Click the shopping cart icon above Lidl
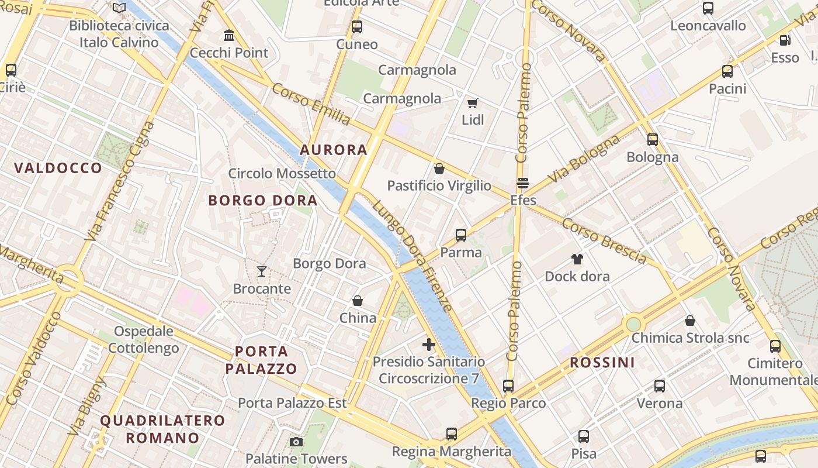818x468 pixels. tap(473, 104)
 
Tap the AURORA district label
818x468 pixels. tap(334, 150)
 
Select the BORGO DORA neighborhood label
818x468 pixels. tap(263, 201)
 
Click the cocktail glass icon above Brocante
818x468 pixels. tap(262, 271)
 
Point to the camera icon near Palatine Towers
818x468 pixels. tap(296, 442)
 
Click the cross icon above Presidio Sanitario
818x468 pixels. tap(429, 345)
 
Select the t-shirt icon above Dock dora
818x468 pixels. tap(577, 259)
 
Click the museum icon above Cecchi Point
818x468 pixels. tap(229, 36)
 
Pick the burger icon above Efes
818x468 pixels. tap(522, 183)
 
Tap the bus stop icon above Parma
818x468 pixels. tap(461, 235)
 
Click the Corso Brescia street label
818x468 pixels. tap(604, 240)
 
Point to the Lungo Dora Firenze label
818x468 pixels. tap(413, 256)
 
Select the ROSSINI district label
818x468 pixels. tap(602, 363)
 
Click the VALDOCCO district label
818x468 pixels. tap(58, 168)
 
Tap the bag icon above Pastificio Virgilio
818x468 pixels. tap(439, 168)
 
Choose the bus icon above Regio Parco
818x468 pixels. tap(508, 386)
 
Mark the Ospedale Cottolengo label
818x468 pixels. tap(144, 340)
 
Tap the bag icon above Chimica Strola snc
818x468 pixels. tap(690, 321)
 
